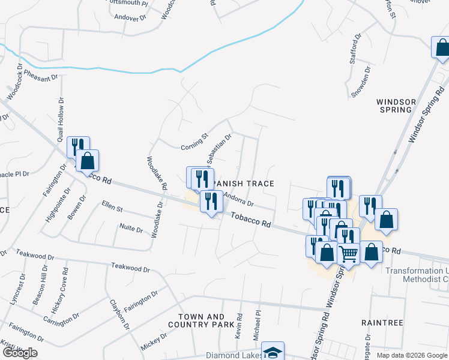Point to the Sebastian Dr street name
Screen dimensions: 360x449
pos(219,149)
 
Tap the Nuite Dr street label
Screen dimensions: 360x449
pos(131,229)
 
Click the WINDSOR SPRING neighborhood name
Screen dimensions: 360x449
pos(394,106)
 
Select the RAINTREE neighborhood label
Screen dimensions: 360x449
pos(382,322)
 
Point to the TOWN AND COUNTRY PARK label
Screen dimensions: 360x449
pos(201,320)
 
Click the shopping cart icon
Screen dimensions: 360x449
pos(349,254)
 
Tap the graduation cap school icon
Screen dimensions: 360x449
pos(273,352)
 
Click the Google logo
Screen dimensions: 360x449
pos(20,353)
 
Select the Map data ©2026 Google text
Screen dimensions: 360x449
pos(412,355)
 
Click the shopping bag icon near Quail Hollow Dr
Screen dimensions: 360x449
pos(87,161)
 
